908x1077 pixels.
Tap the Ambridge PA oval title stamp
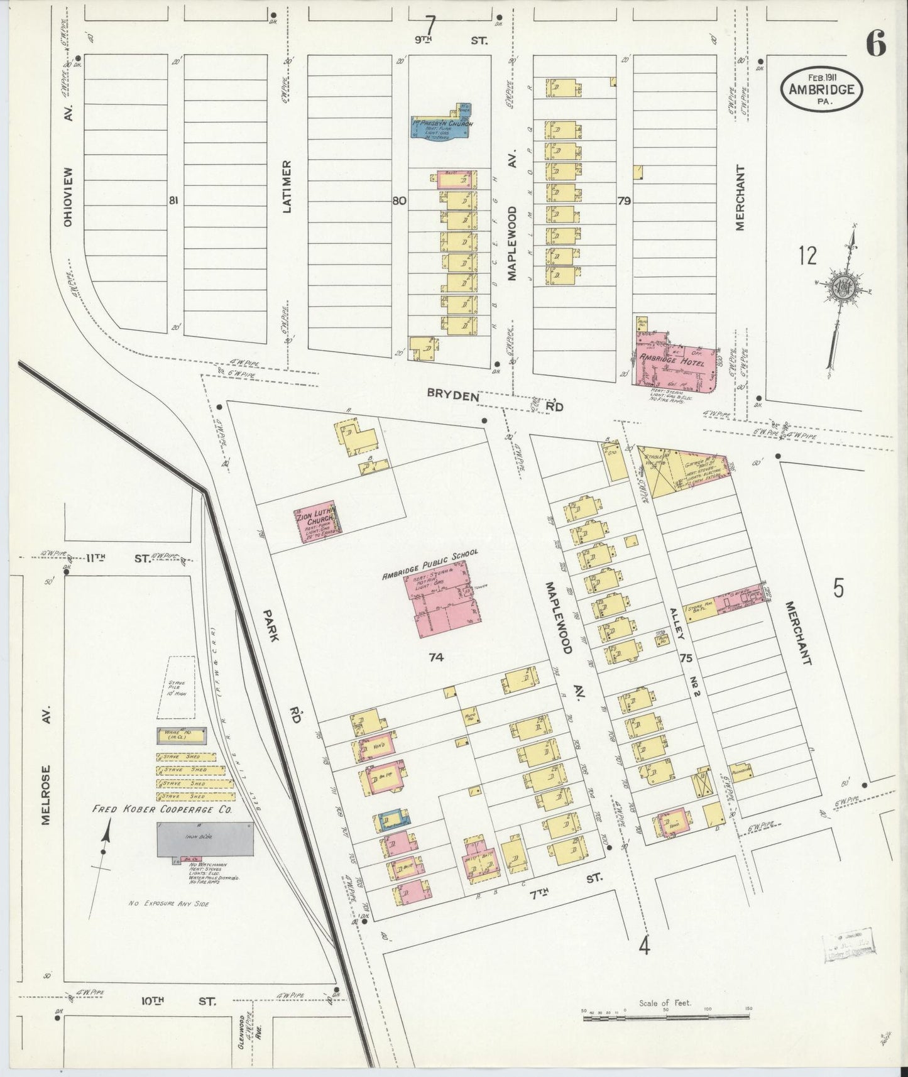click(x=822, y=89)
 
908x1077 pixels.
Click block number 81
click(x=173, y=201)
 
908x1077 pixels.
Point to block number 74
click(x=436, y=658)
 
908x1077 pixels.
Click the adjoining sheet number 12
click(x=807, y=256)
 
